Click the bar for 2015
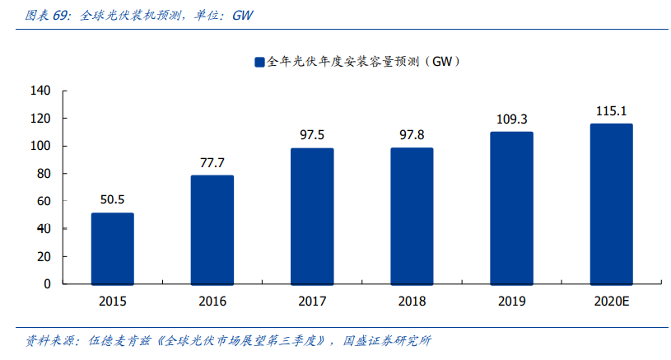[112, 248]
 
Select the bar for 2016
[212, 229]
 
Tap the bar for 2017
[312, 216]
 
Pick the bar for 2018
[412, 216]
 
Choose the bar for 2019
[511, 208]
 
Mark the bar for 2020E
[611, 203]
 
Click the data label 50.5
[112, 199]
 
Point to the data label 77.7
[212, 162]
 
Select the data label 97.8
[412, 135]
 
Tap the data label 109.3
[511, 119]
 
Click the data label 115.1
[611, 111]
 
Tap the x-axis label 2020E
[611, 302]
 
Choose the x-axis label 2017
[312, 302]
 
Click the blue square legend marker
[259, 62]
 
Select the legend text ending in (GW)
[363, 62]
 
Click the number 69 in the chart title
[61, 15]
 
